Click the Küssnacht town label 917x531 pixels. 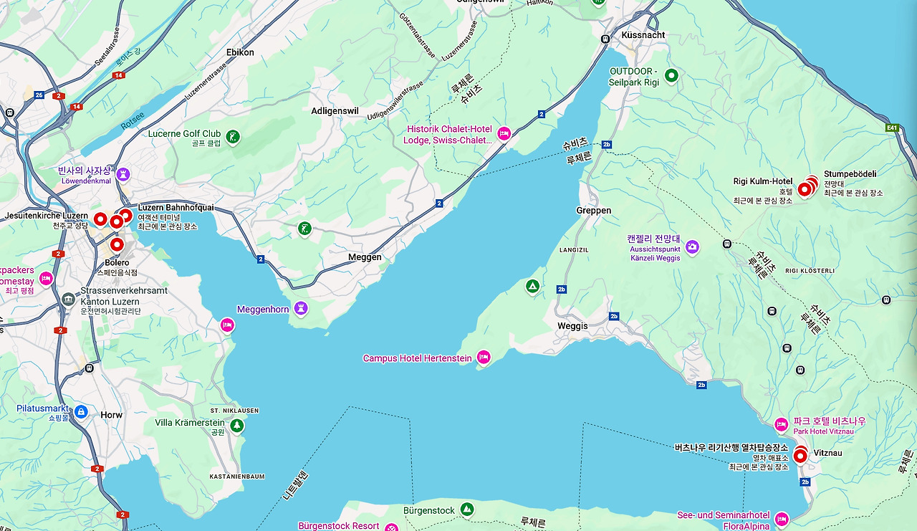pos(643,34)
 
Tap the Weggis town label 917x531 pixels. pos(572,326)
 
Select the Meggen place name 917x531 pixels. pos(365,257)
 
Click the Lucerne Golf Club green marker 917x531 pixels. pos(232,136)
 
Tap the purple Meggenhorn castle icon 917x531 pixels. pos(301,309)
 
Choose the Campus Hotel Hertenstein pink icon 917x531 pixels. pos(484,357)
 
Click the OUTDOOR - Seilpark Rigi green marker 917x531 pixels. pos(671,75)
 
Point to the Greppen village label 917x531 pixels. pos(594,211)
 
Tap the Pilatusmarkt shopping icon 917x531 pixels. pos(81,411)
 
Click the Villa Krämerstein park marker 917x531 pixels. pos(236,426)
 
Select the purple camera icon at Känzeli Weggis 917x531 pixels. pos(692,247)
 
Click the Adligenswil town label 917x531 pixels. pos(335,111)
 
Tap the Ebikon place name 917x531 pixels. pos(240,53)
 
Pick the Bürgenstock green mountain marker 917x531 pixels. pos(467,510)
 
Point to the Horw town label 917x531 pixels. pos(111,416)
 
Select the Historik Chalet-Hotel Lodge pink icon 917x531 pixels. pos(504,133)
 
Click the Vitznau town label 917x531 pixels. pos(828,454)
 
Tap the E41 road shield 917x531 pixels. pos(892,128)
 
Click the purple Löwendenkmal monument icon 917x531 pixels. pos(123,174)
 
